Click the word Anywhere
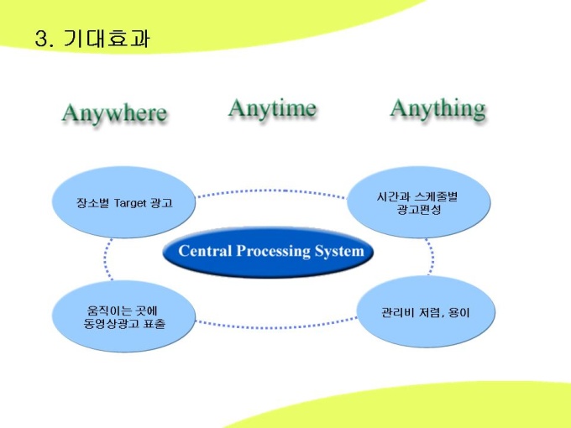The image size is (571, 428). (114, 112)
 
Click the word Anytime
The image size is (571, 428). (272, 108)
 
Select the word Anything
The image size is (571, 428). (438, 108)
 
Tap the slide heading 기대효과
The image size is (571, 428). (107, 39)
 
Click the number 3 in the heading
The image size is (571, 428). (41, 39)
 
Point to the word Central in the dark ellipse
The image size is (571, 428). (205, 251)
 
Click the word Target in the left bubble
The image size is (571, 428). (130, 203)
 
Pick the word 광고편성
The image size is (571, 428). (419, 209)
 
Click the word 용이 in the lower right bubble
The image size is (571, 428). (459, 313)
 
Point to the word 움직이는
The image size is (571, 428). (107, 311)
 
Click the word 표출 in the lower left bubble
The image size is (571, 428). (155, 324)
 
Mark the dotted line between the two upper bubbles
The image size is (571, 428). (271, 191)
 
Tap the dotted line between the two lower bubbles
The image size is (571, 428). (276, 326)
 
